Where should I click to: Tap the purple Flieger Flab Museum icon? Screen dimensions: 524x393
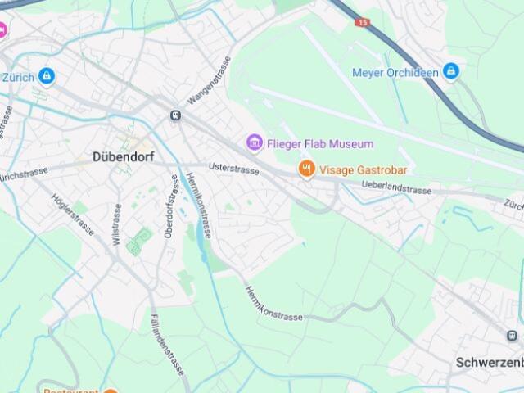[255, 144]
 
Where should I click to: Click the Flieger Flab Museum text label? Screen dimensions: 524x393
[319, 144]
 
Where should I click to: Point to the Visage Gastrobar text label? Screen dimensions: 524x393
[363, 170]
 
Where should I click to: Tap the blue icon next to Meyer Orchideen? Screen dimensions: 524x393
[450, 72]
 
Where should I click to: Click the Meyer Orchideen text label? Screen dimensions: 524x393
[395, 72]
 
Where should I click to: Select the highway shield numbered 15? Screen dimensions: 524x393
[364, 22]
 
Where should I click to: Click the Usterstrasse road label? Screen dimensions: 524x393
[233, 168]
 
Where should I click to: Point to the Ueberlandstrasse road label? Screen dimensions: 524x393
[396, 188]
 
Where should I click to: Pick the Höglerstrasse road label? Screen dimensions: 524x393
[72, 214]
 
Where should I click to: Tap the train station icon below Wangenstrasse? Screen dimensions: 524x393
[174, 115]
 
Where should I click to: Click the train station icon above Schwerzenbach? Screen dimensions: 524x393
[513, 335]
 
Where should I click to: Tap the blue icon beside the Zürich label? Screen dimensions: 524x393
[47, 76]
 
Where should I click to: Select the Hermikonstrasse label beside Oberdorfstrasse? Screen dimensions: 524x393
[199, 206]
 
